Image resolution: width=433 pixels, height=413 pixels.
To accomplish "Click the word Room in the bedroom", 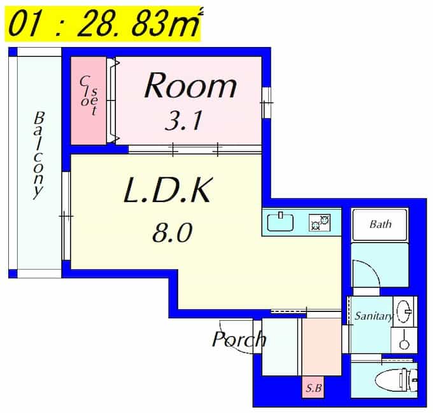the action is [x=190, y=85].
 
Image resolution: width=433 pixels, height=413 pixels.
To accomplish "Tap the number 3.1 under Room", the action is [x=183, y=120].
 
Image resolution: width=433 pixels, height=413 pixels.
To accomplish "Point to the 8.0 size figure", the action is [x=172, y=233].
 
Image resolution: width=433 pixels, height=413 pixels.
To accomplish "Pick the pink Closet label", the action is [x=89, y=95].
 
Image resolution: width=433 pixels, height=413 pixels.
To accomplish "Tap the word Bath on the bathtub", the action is [x=381, y=224].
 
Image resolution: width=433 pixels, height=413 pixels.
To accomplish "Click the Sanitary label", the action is [x=374, y=316].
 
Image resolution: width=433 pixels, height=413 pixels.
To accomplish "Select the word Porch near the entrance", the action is [x=239, y=339].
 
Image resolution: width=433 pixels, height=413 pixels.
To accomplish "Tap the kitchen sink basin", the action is [x=280, y=222].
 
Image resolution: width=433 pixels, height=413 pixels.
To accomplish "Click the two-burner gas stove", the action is [x=320, y=222].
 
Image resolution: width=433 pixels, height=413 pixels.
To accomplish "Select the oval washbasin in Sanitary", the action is [x=404, y=311].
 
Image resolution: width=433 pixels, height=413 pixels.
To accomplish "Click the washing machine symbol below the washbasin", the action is [x=404, y=340].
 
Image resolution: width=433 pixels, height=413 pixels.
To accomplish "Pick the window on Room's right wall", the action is [x=266, y=102].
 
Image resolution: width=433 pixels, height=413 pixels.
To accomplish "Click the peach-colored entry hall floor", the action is [x=322, y=347].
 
